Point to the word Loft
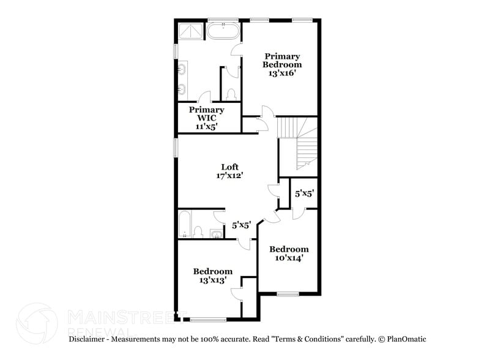229,167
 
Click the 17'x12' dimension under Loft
229,176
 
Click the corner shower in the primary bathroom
190,31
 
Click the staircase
299,143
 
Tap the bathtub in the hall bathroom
185,224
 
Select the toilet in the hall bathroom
198,231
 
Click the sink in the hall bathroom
215,233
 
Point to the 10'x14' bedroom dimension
289,258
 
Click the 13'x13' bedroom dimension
212,280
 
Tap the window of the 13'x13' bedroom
208,319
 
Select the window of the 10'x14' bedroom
288,294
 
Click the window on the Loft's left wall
176,147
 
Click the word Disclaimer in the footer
89,339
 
